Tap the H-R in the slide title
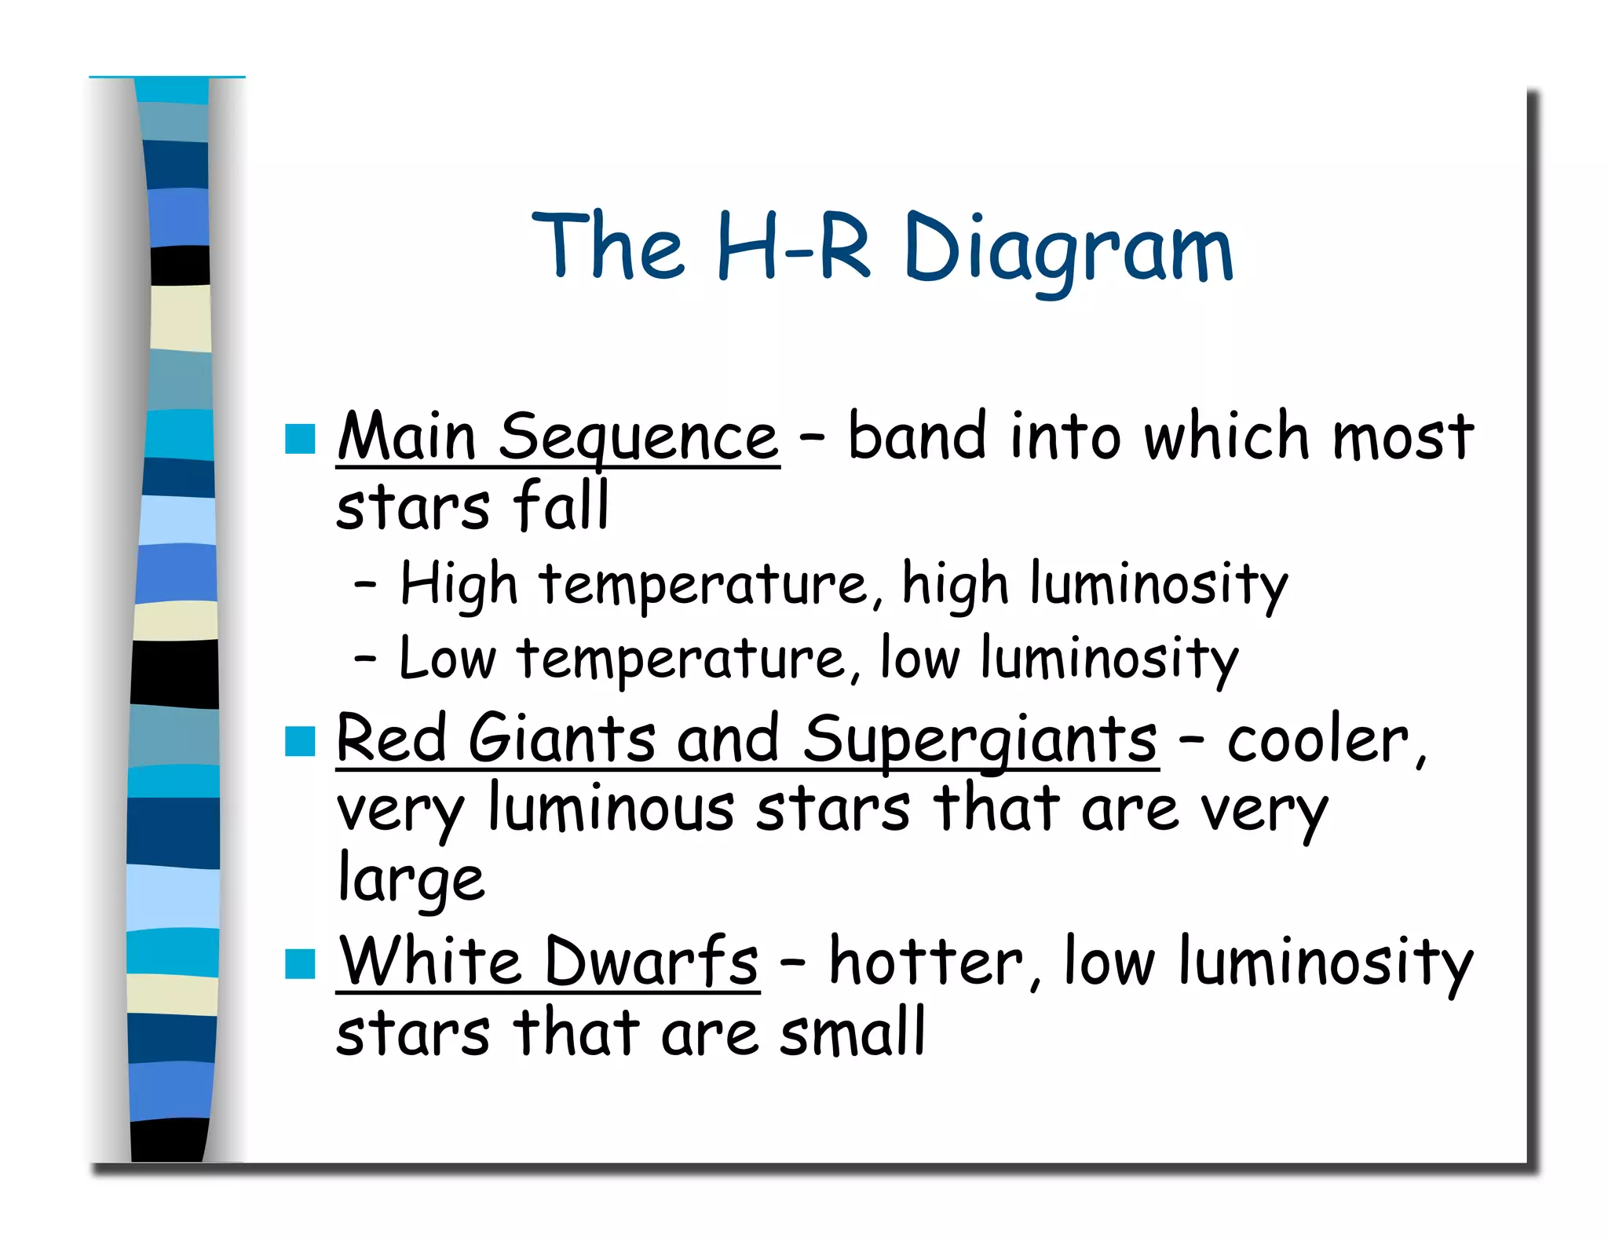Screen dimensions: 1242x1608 [x=793, y=247]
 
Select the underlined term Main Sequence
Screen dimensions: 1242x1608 [x=557, y=438]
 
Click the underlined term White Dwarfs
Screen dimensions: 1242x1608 [x=548, y=963]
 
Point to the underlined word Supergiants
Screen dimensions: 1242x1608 [x=980, y=740]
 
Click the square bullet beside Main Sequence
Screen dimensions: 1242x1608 [x=300, y=439]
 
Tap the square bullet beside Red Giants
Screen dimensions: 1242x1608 [x=300, y=740]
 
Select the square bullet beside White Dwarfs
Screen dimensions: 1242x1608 [x=300, y=963]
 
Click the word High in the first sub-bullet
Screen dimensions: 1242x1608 [x=459, y=585]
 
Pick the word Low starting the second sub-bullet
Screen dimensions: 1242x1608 [x=448, y=659]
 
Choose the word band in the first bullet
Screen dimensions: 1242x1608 [x=916, y=437]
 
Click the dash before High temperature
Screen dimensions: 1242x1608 [x=365, y=585]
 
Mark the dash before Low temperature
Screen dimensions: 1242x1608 [x=365, y=659]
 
